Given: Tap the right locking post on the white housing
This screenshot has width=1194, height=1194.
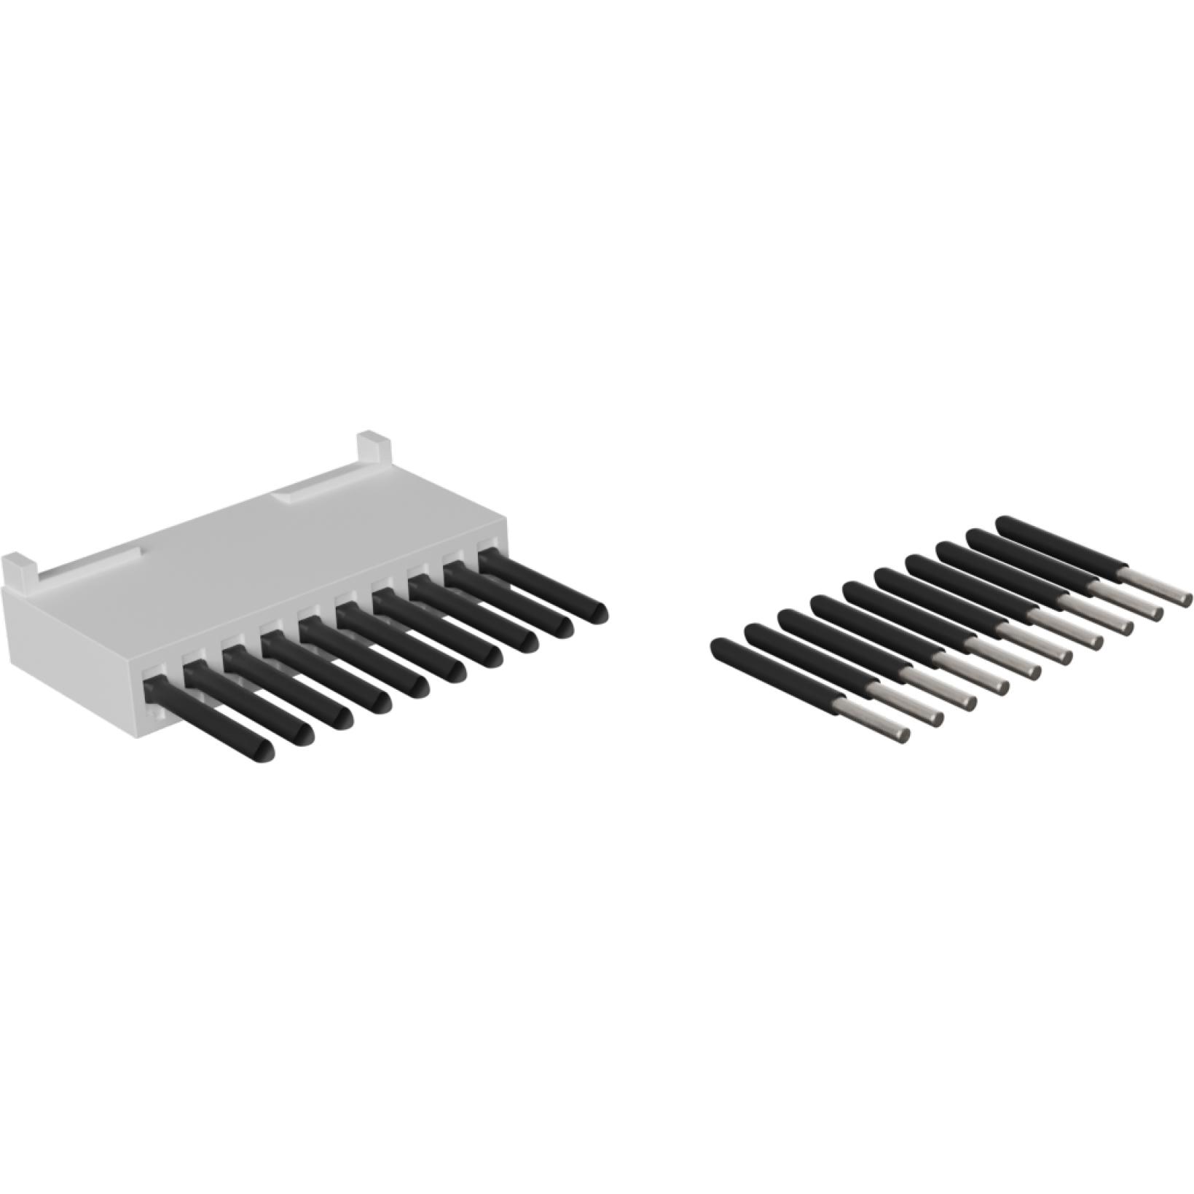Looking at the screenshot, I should (373, 448).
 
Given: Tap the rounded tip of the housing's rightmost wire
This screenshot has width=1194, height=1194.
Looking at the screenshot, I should (598, 613).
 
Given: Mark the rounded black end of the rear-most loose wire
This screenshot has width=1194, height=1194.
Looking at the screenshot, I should (1004, 523).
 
